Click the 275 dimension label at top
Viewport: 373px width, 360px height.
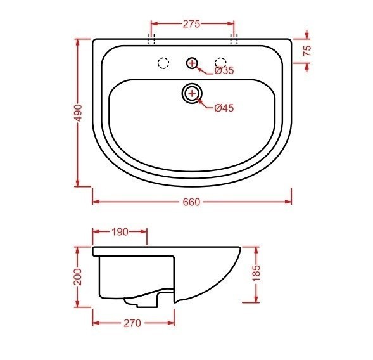coord(191,24)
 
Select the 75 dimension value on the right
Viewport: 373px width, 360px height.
coord(307,51)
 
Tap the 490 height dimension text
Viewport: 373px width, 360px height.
coord(78,113)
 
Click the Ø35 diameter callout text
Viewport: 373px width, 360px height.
coord(224,71)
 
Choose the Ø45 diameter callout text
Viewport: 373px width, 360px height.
coord(224,108)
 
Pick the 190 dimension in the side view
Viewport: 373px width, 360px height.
coord(120,231)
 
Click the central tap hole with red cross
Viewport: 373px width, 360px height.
coord(192,63)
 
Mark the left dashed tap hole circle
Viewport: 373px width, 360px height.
coord(163,63)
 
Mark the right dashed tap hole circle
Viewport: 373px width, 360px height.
coord(220,63)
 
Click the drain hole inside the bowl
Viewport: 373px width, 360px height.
coord(191,94)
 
